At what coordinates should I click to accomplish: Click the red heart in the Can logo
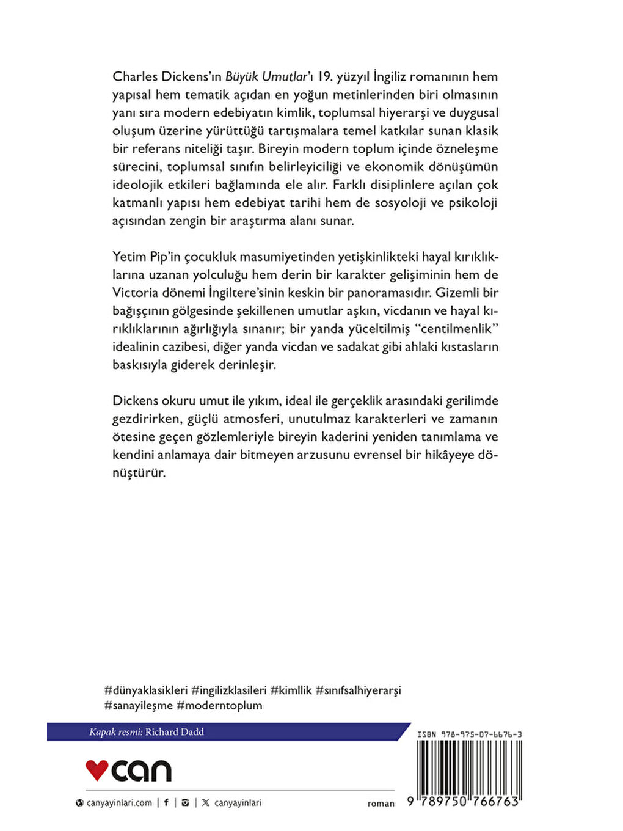[x=97, y=770]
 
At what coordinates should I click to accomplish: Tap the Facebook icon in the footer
[x=166, y=802]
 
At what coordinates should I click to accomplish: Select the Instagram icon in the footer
[x=185, y=802]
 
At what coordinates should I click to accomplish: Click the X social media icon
[x=205, y=802]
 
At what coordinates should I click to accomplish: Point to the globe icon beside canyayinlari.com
[x=79, y=803]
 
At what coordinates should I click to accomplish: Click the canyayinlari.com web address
[x=119, y=803]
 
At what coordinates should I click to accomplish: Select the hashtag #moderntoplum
[x=219, y=705]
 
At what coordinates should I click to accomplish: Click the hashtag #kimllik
[x=291, y=690]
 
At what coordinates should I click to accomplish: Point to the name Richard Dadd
[x=175, y=731]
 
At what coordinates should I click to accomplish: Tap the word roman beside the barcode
[x=381, y=804]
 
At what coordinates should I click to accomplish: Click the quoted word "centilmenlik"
[x=457, y=329]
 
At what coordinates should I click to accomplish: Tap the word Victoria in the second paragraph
[x=135, y=293]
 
